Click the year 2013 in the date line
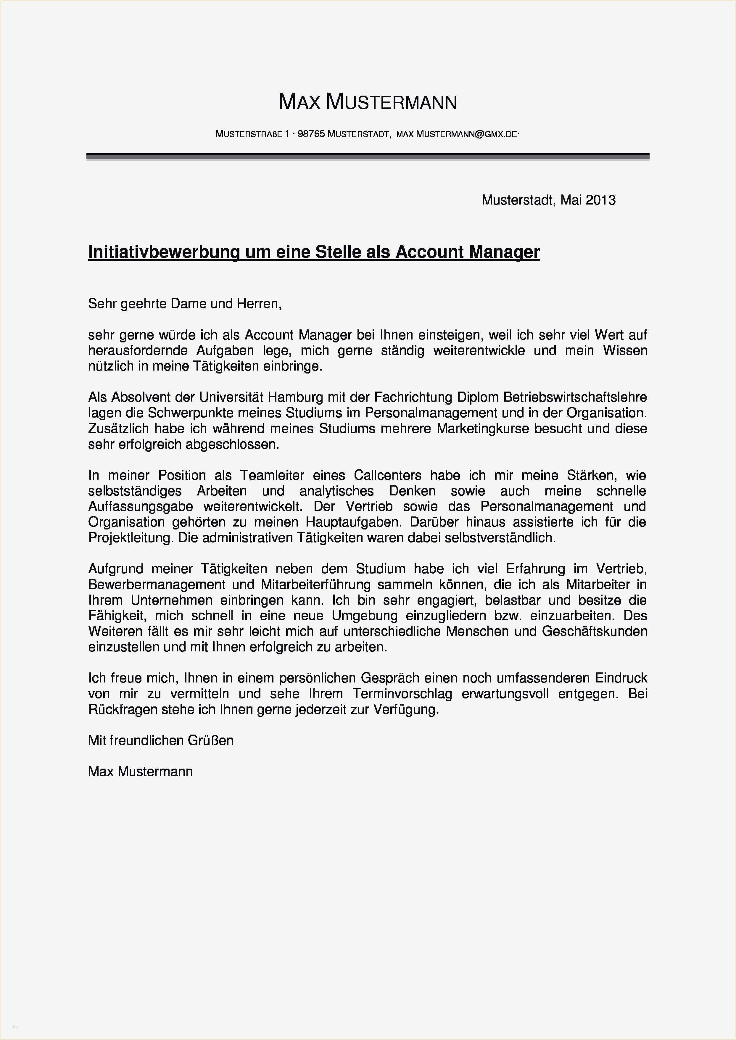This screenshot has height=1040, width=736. coord(600,200)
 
